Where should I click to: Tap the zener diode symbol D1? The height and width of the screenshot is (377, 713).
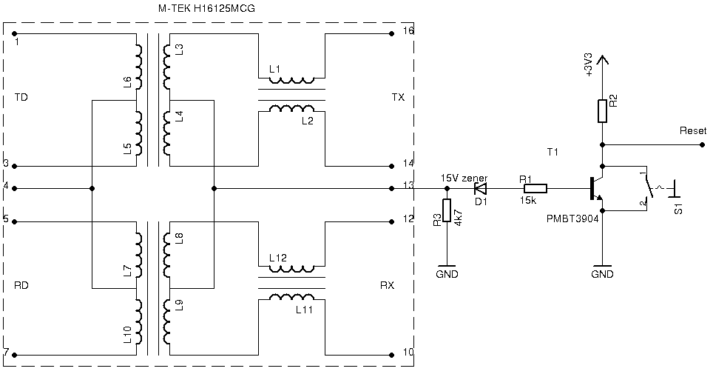pyautogui.click(x=481, y=188)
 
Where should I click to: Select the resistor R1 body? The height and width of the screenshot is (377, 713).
pyautogui.click(x=535, y=188)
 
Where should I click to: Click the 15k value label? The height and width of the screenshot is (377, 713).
pyautogui.click(x=527, y=201)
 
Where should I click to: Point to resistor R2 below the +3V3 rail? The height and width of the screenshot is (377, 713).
pyautogui.click(x=603, y=111)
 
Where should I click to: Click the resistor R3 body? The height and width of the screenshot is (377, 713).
pyautogui.click(x=446, y=211)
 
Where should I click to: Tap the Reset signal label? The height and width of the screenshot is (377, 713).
pyautogui.click(x=692, y=131)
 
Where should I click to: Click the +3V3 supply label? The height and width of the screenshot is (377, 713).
pyautogui.click(x=589, y=64)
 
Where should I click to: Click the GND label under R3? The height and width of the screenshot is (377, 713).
pyautogui.click(x=447, y=274)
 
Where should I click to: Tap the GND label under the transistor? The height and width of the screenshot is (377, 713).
pyautogui.click(x=603, y=274)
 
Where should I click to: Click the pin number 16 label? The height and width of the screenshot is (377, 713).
pyautogui.click(x=408, y=31)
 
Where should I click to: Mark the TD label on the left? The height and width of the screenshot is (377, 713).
pyautogui.click(x=21, y=98)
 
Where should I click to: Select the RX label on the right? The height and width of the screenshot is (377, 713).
pyautogui.click(x=387, y=285)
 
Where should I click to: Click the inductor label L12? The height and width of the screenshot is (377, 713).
pyautogui.click(x=278, y=257)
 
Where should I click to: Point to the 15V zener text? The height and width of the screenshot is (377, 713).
pyautogui.click(x=464, y=179)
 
